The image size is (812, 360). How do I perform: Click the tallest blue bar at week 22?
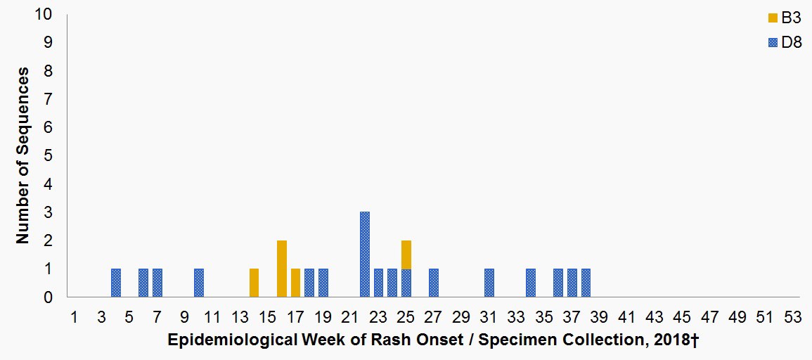[x=365, y=255]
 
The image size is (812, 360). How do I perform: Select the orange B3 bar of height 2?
[x=282, y=269]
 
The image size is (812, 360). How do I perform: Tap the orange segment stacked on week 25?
[x=406, y=255]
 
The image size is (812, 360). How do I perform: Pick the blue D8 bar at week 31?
[x=489, y=283]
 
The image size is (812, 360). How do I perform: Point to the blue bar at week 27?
[x=434, y=283]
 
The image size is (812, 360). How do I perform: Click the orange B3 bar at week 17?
[x=295, y=283]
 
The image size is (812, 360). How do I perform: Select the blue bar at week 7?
[x=157, y=283]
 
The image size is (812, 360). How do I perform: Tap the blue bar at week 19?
[x=323, y=283]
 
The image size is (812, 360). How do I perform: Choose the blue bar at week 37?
[x=572, y=283]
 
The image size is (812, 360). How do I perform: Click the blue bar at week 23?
[x=378, y=283]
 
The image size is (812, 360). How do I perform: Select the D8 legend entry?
[x=787, y=42]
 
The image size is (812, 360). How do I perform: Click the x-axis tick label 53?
[x=793, y=317]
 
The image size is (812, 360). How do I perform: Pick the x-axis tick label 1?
[x=74, y=317]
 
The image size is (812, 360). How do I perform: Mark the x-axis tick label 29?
[x=461, y=317]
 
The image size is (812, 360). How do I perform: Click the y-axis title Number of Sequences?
[x=23, y=155]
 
